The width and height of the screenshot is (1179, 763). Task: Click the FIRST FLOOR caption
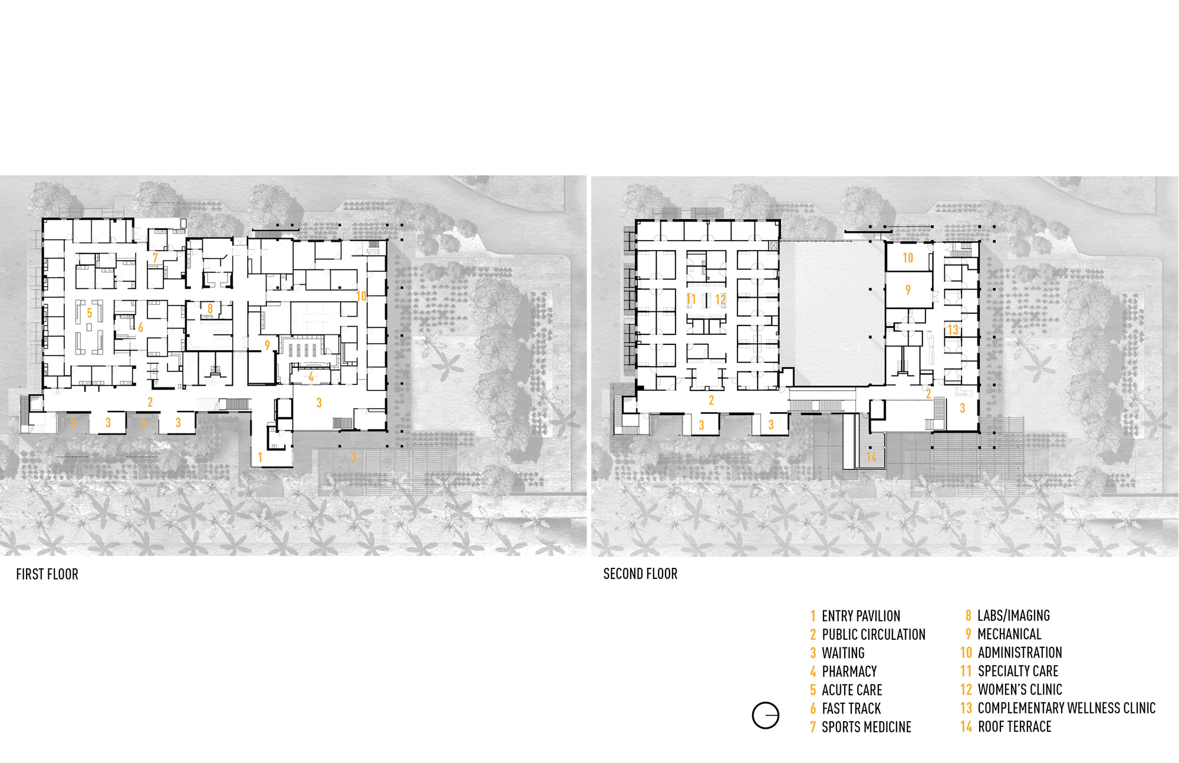click(47, 574)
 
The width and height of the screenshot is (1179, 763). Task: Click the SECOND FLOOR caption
click(640, 574)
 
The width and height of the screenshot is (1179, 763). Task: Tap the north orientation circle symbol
click(765, 716)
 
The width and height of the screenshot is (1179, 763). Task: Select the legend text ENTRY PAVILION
click(861, 616)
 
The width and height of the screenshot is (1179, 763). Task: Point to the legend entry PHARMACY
click(849, 672)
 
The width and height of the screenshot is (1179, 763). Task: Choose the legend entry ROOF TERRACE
click(1015, 727)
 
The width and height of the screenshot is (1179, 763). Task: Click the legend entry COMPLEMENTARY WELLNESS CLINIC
click(1066, 708)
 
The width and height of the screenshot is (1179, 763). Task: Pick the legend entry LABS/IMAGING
click(1014, 616)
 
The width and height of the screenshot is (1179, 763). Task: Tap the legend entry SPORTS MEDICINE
click(867, 728)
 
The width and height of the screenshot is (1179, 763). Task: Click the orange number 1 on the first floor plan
click(260, 457)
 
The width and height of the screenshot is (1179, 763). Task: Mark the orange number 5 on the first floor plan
click(90, 313)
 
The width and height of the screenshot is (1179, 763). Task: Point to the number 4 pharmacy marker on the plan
click(311, 376)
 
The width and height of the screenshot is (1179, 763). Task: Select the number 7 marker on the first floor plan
click(155, 258)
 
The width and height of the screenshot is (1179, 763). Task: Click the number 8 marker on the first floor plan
click(210, 308)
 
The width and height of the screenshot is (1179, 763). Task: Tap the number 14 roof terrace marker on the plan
click(871, 457)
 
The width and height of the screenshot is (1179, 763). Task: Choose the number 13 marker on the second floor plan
click(953, 330)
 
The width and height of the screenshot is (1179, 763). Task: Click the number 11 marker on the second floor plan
click(691, 300)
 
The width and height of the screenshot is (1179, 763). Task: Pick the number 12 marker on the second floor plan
click(720, 300)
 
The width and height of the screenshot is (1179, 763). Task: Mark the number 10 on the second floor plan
click(908, 258)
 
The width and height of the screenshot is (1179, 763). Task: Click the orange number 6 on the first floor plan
click(140, 328)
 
